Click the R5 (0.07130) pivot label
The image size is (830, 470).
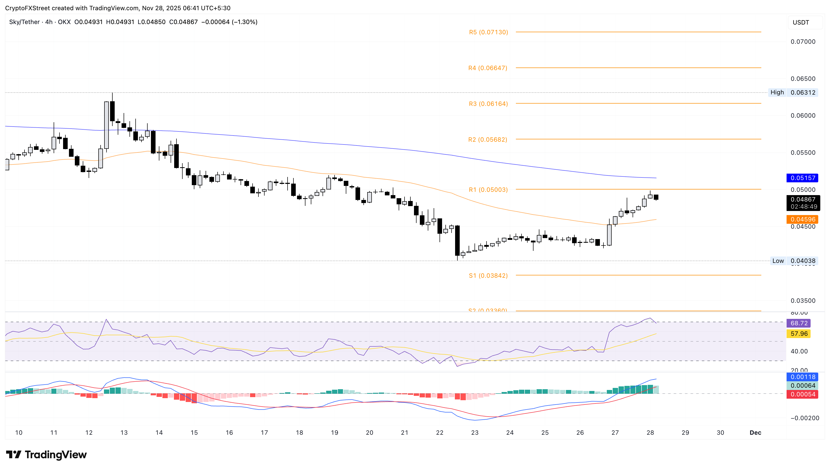coord(488,32)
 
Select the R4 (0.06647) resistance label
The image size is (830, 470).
coord(487,68)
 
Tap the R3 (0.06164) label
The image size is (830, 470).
coord(488,104)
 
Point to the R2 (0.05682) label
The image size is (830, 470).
coord(487,140)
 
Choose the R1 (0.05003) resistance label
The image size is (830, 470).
coord(488,190)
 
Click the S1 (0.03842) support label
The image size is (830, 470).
coord(488,276)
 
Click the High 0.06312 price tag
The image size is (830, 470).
coord(793,93)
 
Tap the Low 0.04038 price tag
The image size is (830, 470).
coord(793,261)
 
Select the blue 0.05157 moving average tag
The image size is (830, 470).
coord(803,178)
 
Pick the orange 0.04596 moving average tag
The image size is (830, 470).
coord(803,219)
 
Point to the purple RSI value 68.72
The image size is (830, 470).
coord(799,323)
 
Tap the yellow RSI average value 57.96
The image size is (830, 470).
coord(799,334)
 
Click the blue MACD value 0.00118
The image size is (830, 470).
coord(803,377)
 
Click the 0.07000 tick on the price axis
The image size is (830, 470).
coord(803,42)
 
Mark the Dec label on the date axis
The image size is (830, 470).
coord(755,433)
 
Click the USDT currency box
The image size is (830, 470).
coord(801,22)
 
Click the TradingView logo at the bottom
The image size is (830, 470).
coord(46,455)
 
